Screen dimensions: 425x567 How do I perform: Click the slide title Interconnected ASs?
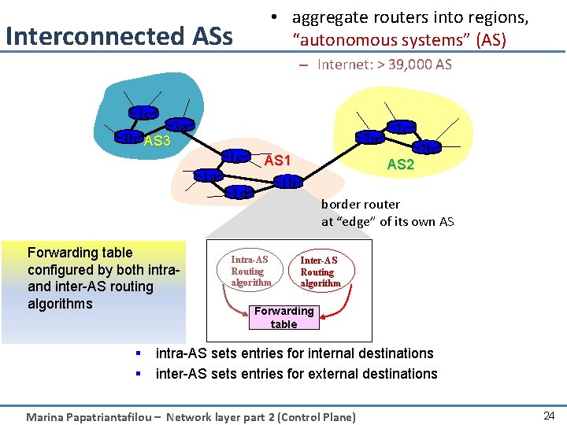coord(119,36)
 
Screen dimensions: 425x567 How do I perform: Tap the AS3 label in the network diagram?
coord(157,141)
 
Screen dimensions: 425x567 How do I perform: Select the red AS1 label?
coord(277,161)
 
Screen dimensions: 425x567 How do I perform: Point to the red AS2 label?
coord(401,164)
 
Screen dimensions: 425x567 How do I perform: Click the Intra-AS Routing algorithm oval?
coord(250,271)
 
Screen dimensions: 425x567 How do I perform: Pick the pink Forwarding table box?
coord(283,317)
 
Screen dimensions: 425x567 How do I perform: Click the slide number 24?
coord(549,416)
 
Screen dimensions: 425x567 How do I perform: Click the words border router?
coord(360,204)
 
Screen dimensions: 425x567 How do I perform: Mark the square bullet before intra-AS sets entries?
coord(138,353)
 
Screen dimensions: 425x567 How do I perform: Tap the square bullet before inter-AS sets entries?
coord(138,374)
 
